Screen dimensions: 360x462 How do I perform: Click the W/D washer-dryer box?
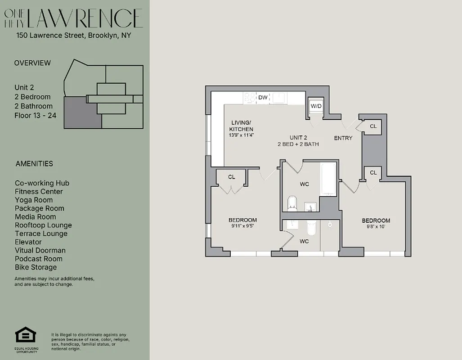pos(316,106)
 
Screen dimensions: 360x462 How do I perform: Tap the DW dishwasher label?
pos(263,97)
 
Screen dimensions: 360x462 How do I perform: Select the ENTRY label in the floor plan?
pos(343,138)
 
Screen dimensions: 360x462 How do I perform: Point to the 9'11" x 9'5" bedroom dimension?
pos(242,226)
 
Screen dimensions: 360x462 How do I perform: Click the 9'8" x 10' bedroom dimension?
pos(376,227)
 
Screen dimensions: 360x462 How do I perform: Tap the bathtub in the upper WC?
pos(328,180)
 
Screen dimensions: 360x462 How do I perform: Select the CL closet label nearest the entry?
pos(373,126)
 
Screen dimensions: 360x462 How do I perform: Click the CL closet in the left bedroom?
pos(231,177)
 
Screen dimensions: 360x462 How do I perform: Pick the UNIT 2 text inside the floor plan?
pos(298,138)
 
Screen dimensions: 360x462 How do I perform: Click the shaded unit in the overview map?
pos(81,112)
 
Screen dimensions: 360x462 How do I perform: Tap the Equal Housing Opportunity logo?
pos(26,335)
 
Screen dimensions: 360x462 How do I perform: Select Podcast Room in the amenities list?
pos(38,259)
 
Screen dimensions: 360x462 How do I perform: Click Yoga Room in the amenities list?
pos(34,200)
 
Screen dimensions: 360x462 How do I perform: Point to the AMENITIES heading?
pos(34,164)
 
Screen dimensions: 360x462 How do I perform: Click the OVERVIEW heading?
pos(32,63)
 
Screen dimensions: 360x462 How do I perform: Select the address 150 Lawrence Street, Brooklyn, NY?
pos(73,35)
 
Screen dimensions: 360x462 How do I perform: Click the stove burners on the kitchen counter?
pos(249,97)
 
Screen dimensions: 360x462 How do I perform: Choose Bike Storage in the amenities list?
pos(36,267)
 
